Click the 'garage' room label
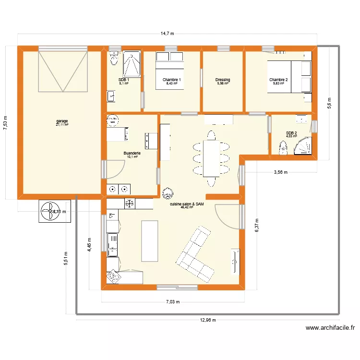pyautogui.click(x=62, y=121)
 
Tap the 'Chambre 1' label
pyautogui.click(x=171, y=80)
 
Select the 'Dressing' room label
pyautogui.click(x=223, y=80)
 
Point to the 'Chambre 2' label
pyautogui.click(x=278, y=80)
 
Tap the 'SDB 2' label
pyautogui.click(x=291, y=133)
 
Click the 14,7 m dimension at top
pyautogui.click(x=167, y=34)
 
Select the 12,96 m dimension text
pyautogui.click(x=207, y=320)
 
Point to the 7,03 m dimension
pyautogui.click(x=172, y=302)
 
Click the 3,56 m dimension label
pyautogui.click(x=281, y=172)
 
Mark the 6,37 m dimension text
pyautogui.click(x=257, y=224)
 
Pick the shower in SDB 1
pyautogui.click(x=131, y=64)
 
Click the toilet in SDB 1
pyautogui.click(x=114, y=59)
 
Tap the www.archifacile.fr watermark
pyautogui.click(x=330, y=328)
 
